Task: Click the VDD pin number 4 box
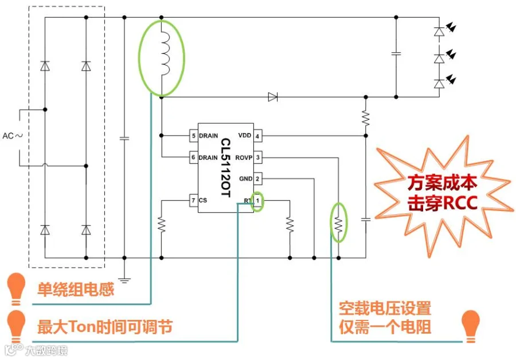click(x=257, y=136)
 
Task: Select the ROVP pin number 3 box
click(x=257, y=158)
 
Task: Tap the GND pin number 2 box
click(x=257, y=179)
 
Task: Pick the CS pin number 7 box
click(x=194, y=200)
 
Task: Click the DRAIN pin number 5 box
click(x=194, y=136)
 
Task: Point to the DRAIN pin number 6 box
click(x=194, y=157)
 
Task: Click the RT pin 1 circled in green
click(x=257, y=201)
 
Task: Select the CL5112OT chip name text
click(x=226, y=167)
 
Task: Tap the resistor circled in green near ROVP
click(x=338, y=225)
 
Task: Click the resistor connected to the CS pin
click(x=161, y=225)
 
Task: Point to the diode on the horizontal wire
click(x=273, y=97)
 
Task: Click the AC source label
click(x=13, y=136)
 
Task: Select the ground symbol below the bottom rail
click(x=124, y=280)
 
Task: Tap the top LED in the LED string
click(x=439, y=32)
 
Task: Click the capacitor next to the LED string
click(x=396, y=53)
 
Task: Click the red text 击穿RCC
click(x=442, y=203)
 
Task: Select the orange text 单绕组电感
click(x=75, y=289)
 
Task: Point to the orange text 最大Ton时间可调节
click(x=105, y=327)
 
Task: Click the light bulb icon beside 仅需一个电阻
click(x=471, y=326)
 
